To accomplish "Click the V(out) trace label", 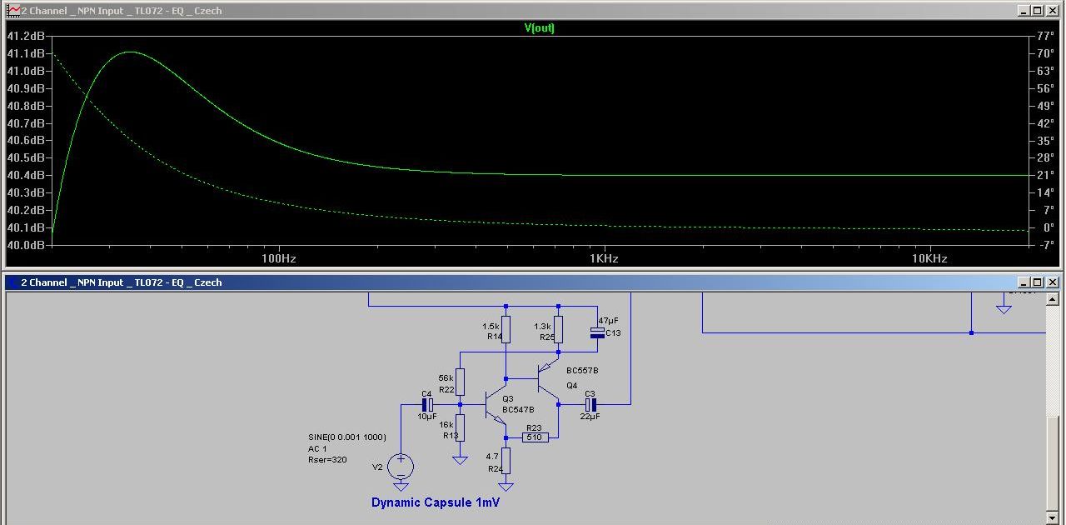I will click(x=539, y=27).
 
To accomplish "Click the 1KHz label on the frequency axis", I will click(x=604, y=258).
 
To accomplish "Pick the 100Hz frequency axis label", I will click(x=279, y=258).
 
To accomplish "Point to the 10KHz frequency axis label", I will click(x=929, y=258).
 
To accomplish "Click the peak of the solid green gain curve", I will click(x=130, y=52).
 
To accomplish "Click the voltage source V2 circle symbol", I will click(x=401, y=466).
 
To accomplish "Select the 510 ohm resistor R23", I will click(x=535, y=437).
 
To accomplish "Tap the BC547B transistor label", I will click(x=518, y=409).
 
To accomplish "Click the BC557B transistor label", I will click(x=582, y=370).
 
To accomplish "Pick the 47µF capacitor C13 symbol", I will click(x=597, y=332).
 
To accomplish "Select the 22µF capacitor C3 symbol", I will click(x=590, y=404).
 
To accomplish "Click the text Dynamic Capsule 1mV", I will click(x=435, y=502).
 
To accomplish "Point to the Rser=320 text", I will click(x=327, y=459).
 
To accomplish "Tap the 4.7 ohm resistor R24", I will click(x=506, y=461).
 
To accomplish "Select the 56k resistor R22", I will click(x=460, y=382).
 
